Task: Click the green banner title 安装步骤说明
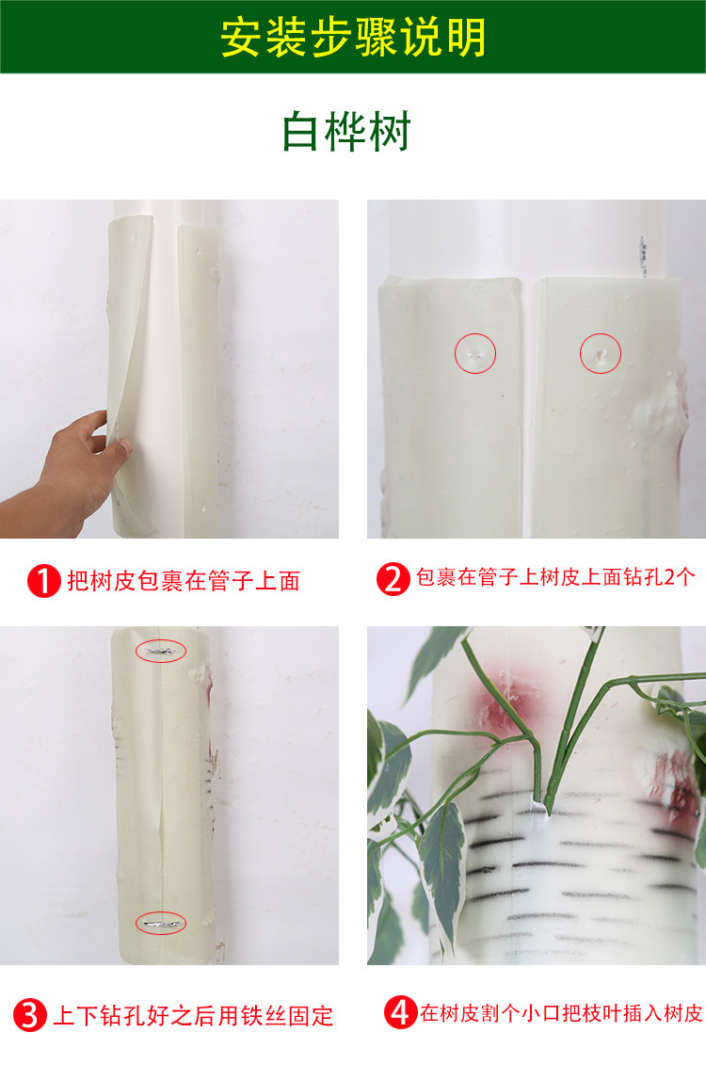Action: coord(353,38)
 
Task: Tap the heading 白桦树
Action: coord(346,131)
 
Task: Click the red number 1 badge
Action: coord(44,581)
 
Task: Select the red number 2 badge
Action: coord(393,579)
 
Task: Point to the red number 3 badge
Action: coord(29,1015)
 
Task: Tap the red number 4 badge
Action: coord(401,1012)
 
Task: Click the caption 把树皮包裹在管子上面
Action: coord(184,581)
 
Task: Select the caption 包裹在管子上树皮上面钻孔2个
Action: coord(555,577)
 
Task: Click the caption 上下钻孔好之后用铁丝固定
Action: coord(193,1015)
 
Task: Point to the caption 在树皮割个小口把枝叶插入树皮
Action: coord(561,1013)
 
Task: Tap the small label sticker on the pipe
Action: coord(643,256)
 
